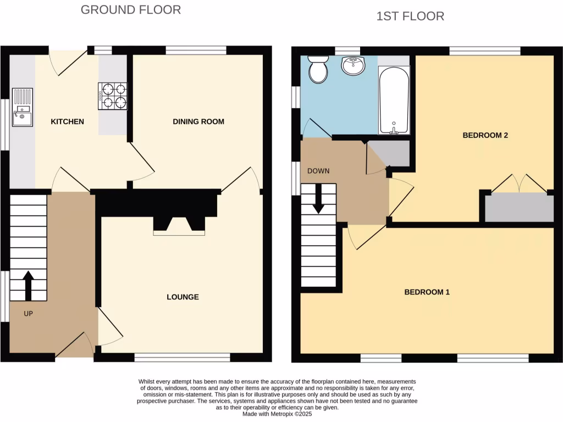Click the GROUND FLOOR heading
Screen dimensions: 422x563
click(x=130, y=9)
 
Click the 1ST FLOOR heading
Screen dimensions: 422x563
click(x=410, y=16)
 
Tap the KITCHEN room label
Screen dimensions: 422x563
click(x=68, y=121)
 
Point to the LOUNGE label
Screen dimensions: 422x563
click(x=183, y=297)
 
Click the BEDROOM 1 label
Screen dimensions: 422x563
click(x=427, y=292)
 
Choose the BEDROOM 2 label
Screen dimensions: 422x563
click(x=484, y=135)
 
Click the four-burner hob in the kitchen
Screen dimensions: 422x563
click(x=113, y=96)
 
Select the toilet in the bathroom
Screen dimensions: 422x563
click(x=317, y=68)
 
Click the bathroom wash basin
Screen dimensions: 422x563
click(x=353, y=66)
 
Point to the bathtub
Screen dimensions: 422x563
click(x=394, y=100)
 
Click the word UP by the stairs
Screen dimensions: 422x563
click(x=29, y=314)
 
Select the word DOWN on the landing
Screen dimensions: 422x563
click(x=318, y=171)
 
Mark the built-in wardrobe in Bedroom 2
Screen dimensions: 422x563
click(x=519, y=207)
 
